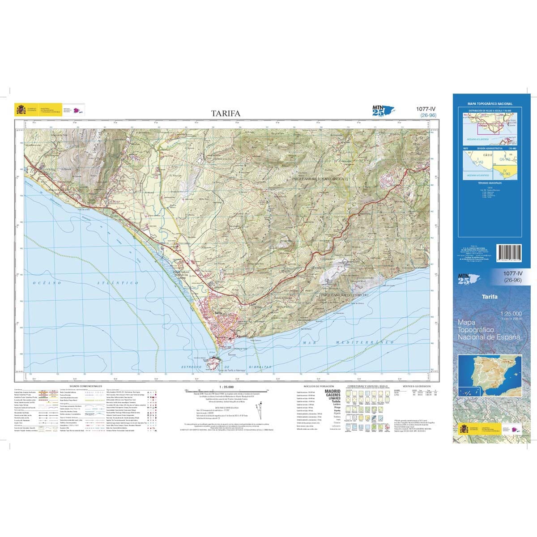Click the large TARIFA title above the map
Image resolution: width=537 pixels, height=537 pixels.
click(x=226, y=113)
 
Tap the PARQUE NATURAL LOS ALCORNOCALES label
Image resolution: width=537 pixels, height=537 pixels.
click(x=319, y=178)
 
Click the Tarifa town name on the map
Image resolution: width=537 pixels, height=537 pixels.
click(x=218, y=313)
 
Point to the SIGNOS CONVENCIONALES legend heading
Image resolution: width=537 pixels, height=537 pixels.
click(x=86, y=386)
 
